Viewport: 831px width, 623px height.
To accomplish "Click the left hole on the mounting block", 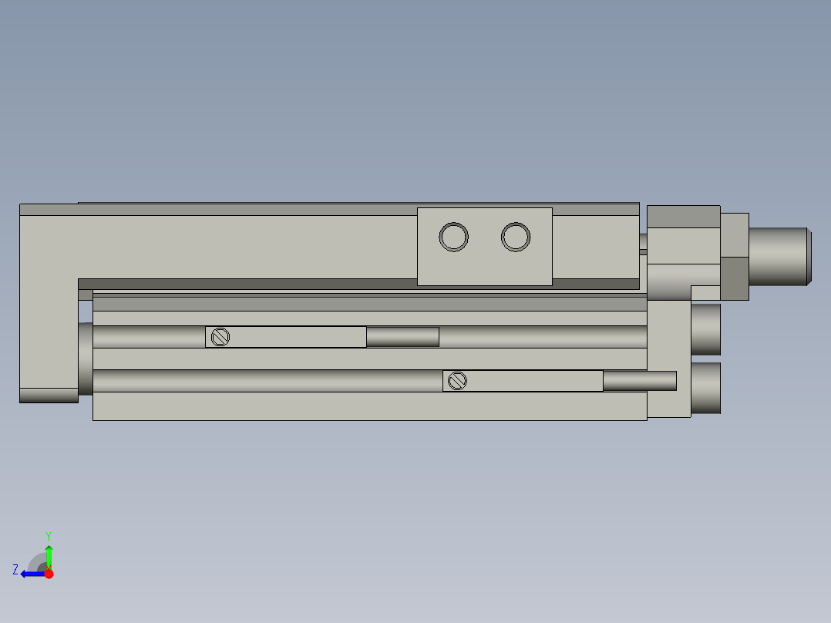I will [454, 237].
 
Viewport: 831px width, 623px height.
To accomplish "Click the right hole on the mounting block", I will [516, 237].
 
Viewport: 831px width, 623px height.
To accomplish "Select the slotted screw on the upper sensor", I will [220, 337].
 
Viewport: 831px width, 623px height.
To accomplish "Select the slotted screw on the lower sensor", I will [458, 380].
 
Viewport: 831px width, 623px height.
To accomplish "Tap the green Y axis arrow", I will [49, 554].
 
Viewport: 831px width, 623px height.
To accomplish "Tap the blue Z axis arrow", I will [30, 574].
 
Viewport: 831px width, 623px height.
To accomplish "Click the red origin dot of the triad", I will [49, 574].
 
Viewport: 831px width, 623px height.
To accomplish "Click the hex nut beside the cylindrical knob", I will [735, 256].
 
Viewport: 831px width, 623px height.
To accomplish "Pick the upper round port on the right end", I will [705, 329].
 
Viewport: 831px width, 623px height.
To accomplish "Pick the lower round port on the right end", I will [705, 388].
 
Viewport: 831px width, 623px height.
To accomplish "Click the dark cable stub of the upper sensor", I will [402, 337].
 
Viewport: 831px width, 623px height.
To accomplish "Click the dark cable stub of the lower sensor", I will [639, 380].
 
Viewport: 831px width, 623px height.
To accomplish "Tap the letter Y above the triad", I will [48, 535].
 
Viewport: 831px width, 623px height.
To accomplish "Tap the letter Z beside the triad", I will [15, 570].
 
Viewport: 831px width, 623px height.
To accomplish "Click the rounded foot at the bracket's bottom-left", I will [49, 395].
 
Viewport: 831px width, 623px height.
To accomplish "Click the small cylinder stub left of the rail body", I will [85, 359].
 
